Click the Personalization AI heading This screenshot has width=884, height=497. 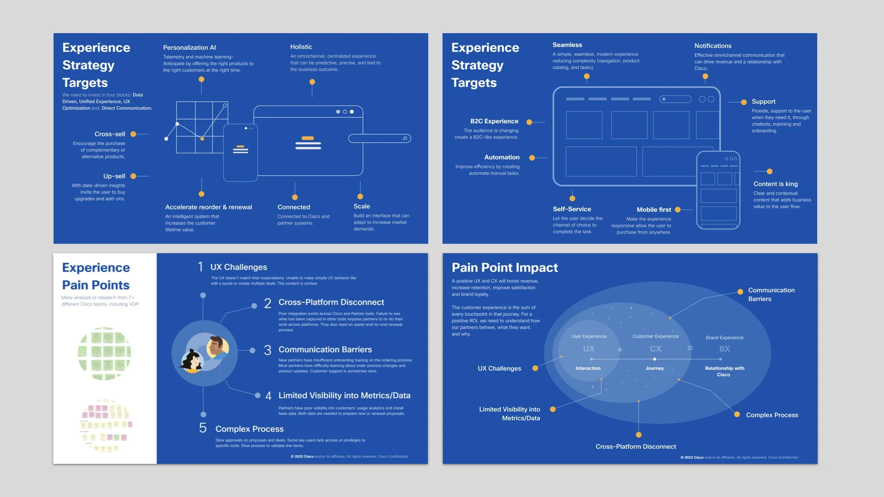(x=189, y=47)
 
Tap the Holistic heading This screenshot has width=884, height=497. (x=301, y=47)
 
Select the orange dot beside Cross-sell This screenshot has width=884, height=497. (x=133, y=134)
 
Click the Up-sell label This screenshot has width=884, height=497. (x=114, y=176)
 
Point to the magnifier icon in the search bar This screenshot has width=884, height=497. (x=405, y=139)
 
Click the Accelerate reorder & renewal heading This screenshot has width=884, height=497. (x=209, y=207)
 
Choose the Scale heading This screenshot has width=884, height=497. (x=362, y=206)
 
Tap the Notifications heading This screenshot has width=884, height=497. (x=713, y=46)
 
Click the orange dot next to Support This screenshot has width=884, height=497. (x=744, y=102)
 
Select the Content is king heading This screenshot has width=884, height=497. (x=776, y=184)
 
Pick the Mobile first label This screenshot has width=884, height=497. (x=654, y=209)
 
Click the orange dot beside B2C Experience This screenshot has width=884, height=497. (x=529, y=122)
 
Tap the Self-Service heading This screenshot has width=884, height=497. (x=572, y=209)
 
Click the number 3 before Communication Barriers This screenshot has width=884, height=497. (x=268, y=350)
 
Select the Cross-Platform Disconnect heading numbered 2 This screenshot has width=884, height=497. (x=331, y=302)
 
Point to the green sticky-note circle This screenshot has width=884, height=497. (x=105, y=353)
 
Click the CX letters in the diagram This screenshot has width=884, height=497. (x=656, y=349)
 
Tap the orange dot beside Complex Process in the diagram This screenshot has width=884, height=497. (x=737, y=415)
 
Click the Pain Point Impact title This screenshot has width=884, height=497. (x=505, y=268)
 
